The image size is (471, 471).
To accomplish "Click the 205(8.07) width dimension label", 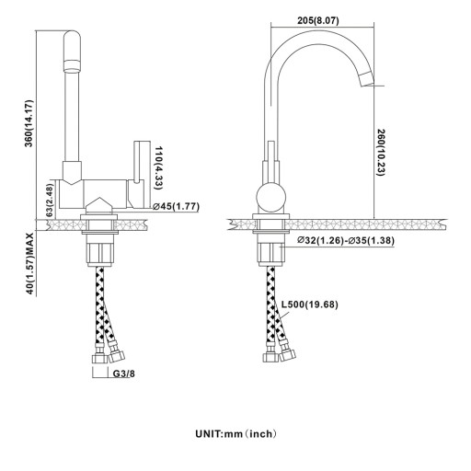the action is coord(318,20).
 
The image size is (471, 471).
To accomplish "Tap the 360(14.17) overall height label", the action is coord(29,123).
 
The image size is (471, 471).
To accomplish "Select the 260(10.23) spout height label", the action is coord(381,153).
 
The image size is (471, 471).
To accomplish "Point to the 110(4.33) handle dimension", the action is coord(158,167).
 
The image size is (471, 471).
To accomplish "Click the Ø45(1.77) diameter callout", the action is coord(176,206).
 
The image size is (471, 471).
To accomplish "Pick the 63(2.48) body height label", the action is coord(50,201).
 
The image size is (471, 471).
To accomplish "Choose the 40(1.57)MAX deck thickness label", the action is coord(29,263).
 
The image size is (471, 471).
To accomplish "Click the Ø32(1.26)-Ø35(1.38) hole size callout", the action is coord(346,240).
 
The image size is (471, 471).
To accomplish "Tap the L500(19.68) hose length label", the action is coord(310,304).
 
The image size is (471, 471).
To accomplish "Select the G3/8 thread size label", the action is coord(124,373).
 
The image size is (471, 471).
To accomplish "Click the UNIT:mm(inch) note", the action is coord(235,434).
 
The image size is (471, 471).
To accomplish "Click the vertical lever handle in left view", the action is coord(139,162).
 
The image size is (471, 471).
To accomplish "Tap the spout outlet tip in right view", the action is coord(367,78).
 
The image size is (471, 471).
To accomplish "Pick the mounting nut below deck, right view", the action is coord(270,250).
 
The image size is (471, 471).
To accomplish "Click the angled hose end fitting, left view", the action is coord(116,352).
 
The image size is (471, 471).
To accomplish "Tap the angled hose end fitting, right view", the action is coord(287,351).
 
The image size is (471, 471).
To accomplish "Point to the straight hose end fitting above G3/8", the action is coord(100,354).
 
